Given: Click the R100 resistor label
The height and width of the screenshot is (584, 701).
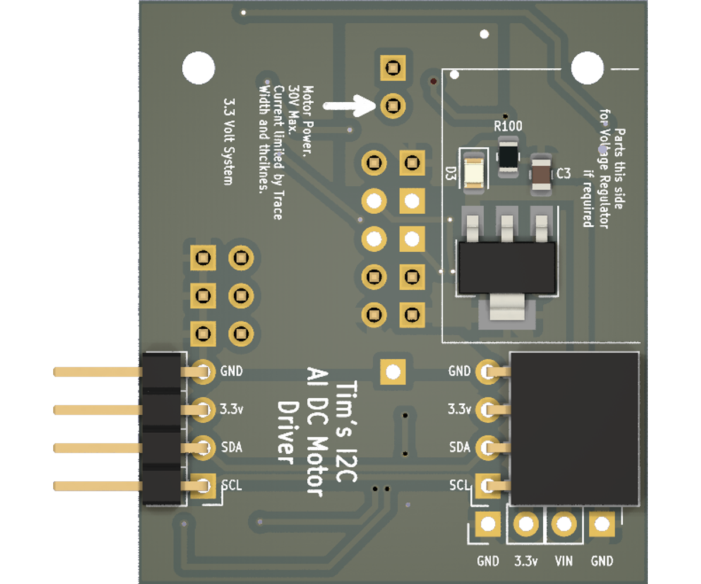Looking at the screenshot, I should tap(508, 126).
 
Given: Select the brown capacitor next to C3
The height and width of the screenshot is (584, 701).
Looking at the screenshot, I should tap(541, 173).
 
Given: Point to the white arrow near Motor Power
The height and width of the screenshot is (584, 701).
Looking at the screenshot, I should tap(349, 106).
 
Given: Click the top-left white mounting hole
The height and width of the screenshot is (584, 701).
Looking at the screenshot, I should tap(198, 68).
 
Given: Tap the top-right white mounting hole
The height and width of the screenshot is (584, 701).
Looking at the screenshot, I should tap(587, 68).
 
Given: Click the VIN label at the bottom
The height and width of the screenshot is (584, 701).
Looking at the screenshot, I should tap(563, 561).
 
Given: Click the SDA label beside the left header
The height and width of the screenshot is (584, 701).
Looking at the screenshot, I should tap(231, 447).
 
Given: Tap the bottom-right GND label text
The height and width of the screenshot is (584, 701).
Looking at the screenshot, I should tap(602, 561).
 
